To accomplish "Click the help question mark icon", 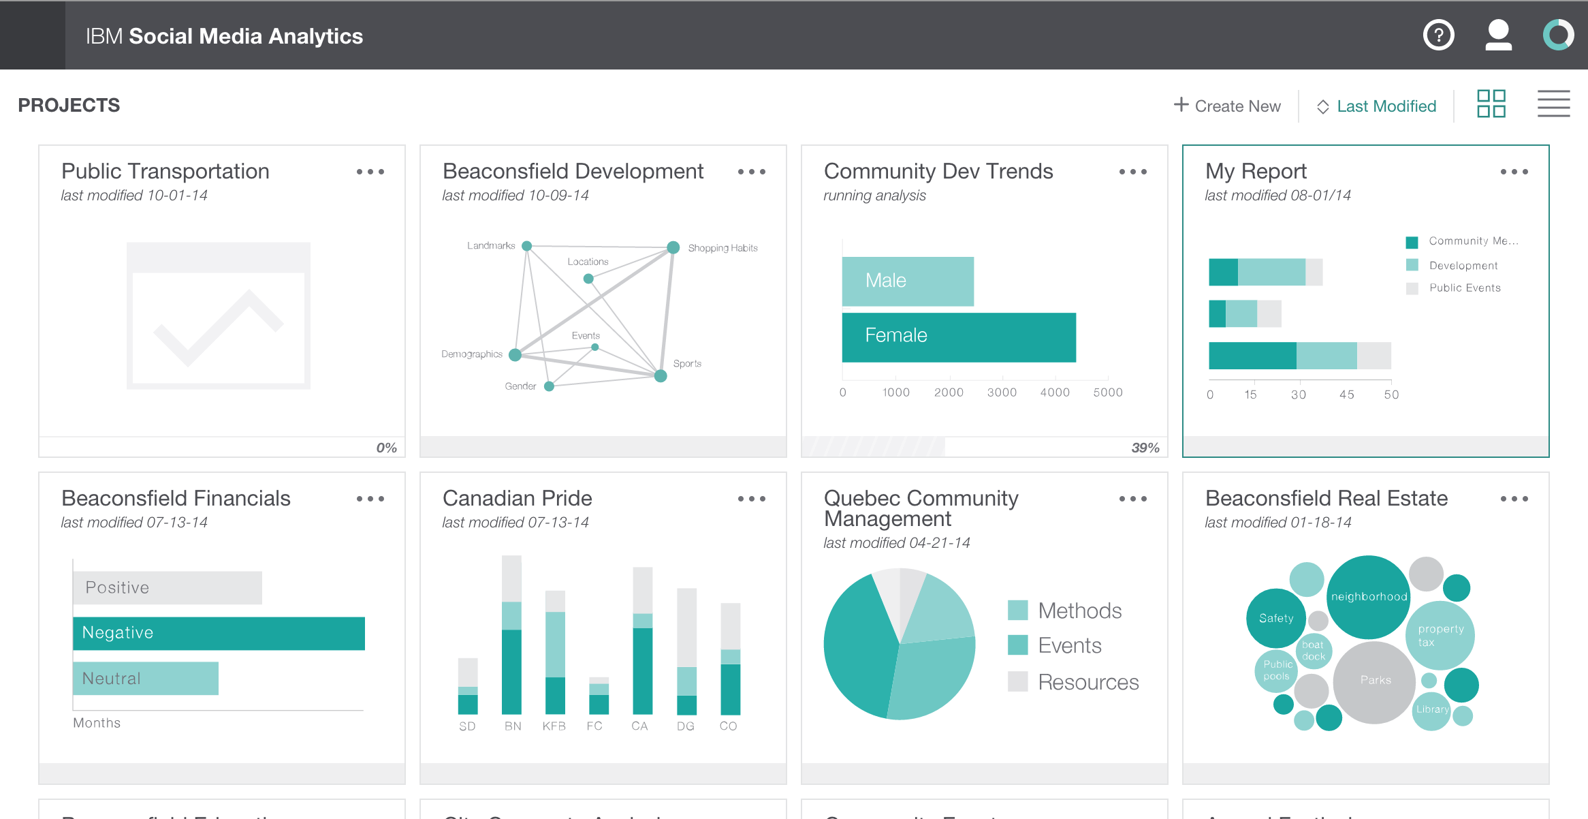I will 1438,35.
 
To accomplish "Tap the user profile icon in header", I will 1498,35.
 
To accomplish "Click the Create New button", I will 1227,106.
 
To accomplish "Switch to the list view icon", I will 1553,104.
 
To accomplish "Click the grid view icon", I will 1491,104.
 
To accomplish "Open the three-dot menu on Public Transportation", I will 370,172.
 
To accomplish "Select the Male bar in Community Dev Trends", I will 907,281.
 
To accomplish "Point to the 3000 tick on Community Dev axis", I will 1002,392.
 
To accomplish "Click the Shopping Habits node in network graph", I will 673,247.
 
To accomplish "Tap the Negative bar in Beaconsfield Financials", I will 219,633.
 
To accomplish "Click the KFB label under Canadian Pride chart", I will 554,726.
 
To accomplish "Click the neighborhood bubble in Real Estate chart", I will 1368,596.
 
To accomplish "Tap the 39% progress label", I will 1145,448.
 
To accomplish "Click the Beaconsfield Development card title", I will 573,171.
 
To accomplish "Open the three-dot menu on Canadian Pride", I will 751,499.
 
